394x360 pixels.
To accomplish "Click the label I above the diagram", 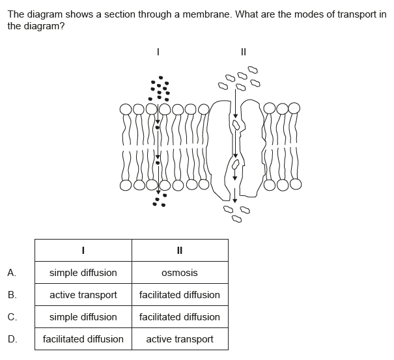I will coord(158,51).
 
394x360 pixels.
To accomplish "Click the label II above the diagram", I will coord(244,51).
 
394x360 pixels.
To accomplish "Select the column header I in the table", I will coord(83,250).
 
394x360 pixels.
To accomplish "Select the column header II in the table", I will coord(180,250).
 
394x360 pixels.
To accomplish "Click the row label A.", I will coord(12,273).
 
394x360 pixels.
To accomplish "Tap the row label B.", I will coord(12,295).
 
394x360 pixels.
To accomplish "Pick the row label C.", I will coord(12,317).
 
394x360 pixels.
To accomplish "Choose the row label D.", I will coord(12,339).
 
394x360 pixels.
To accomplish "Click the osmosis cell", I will coord(180,273).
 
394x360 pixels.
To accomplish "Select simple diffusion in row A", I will coord(83,273).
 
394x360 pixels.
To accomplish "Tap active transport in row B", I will coord(83,295).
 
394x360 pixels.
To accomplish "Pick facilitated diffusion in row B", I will coord(180,295).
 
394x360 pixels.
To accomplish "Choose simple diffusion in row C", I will coord(83,317).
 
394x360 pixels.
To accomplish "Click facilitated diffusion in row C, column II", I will coord(180,317).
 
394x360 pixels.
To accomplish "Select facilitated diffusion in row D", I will coord(83,339).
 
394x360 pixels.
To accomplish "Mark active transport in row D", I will coord(180,339).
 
